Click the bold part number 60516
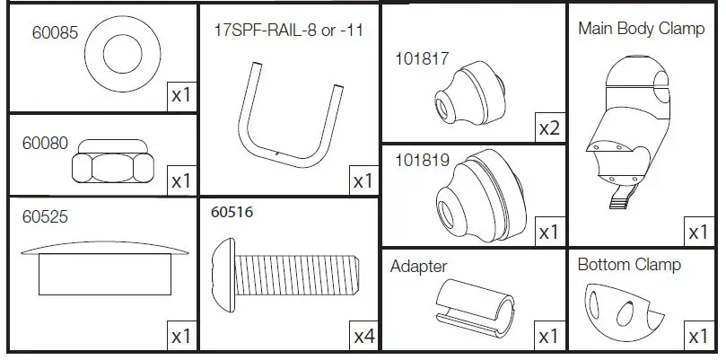point(232,214)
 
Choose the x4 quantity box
point(363,337)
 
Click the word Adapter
point(418,266)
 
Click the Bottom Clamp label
point(628,265)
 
